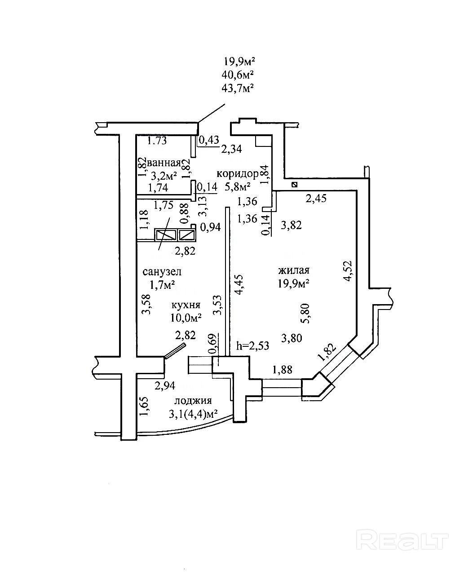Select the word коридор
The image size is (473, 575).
pyautogui.click(x=237, y=173)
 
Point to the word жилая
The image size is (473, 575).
pyautogui.click(x=294, y=271)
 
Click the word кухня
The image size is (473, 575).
pyautogui.click(x=185, y=305)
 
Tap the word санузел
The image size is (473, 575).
pyautogui.click(x=162, y=272)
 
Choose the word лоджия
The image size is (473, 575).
pyautogui.click(x=193, y=401)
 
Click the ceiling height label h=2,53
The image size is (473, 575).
pyautogui.click(x=253, y=345)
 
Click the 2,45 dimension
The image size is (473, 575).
pyautogui.click(x=317, y=198)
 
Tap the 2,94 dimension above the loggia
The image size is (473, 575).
pyautogui.click(x=164, y=385)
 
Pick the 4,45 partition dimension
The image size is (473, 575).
pyautogui.click(x=240, y=284)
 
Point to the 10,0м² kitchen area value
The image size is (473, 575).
pyautogui.click(x=185, y=318)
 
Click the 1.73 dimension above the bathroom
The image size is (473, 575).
pyautogui.click(x=157, y=141)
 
